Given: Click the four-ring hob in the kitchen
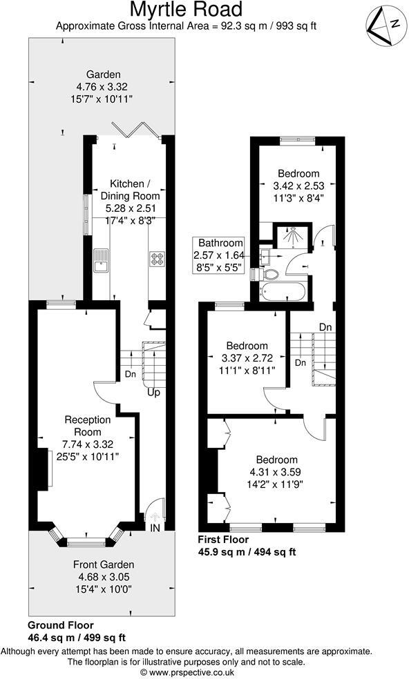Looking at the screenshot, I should [156, 259].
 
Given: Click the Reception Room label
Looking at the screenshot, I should [88, 426].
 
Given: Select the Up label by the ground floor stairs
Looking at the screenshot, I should [153, 392].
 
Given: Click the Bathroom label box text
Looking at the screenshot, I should [220, 243].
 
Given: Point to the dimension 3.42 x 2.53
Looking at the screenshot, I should [298, 185].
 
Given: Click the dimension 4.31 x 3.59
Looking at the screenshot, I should [277, 472].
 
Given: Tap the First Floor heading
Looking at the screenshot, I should [223, 540].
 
